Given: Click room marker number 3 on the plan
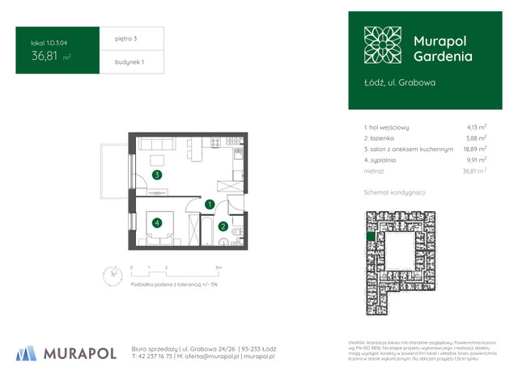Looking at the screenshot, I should point(157,175).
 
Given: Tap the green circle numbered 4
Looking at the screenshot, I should point(157,222).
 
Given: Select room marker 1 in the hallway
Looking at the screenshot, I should point(210,205).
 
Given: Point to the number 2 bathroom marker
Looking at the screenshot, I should point(223,227).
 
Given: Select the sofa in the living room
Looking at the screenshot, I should point(157,145).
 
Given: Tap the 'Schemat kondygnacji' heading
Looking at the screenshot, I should point(395,192).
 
